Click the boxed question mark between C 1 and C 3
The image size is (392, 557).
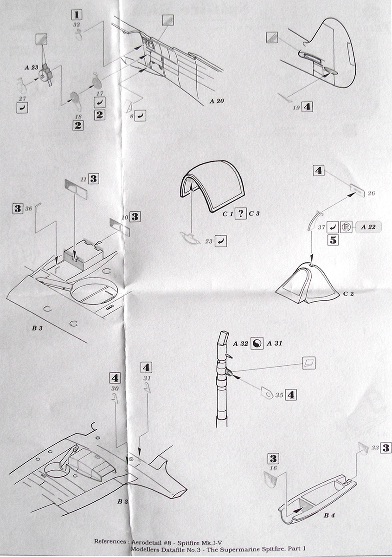pos(240,214)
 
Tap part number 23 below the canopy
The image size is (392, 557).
pos(208,241)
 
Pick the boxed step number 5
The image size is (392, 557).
pos(333,240)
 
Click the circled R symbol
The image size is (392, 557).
pos(345,227)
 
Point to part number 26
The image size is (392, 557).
pos(371,193)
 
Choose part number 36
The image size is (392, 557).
pos(28,209)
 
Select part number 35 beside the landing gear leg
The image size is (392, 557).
pos(279,395)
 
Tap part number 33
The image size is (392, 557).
pos(376,447)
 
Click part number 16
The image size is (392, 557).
pos(273,469)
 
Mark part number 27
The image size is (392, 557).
pos(21,98)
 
